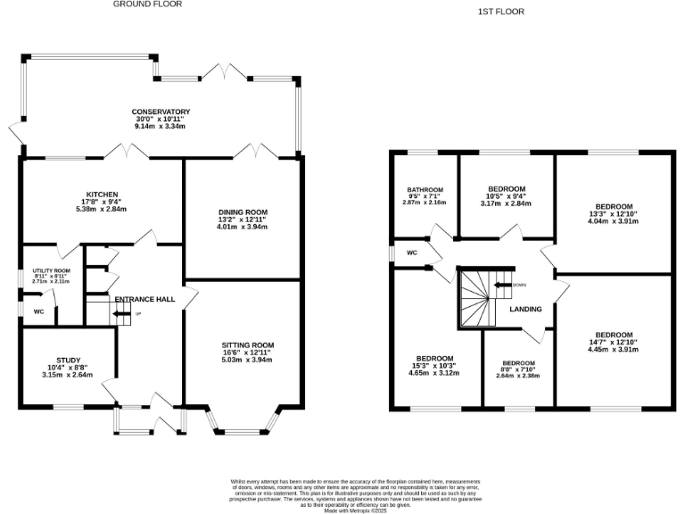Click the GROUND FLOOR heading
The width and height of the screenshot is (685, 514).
147,4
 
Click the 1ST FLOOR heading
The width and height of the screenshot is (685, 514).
501,12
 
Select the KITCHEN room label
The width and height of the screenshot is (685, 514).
103,195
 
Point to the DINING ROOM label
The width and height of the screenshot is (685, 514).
243,212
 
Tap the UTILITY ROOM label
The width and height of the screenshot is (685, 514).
51,270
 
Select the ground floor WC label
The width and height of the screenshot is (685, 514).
38,311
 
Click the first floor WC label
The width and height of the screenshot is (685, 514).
411,253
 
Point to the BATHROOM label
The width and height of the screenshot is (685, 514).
425,190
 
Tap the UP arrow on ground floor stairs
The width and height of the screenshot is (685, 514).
122,314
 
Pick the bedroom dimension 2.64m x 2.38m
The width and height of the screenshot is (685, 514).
517,376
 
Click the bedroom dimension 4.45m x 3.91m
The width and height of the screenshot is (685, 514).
615,350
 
